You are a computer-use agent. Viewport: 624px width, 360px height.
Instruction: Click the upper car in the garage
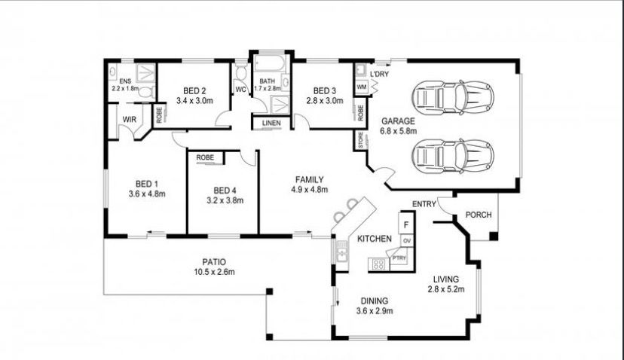point(452,97)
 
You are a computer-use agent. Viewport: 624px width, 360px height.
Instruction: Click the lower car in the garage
point(452,156)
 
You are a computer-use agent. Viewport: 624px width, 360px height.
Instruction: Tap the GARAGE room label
point(398,121)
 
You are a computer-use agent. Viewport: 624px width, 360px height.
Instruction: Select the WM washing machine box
point(361,87)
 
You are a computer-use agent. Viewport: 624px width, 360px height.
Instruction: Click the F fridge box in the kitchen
point(406,224)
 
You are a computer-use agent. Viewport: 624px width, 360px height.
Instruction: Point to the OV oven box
point(407,241)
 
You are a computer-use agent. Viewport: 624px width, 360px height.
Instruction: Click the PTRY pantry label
point(399,258)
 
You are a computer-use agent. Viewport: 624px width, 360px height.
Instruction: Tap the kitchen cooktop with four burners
point(378,264)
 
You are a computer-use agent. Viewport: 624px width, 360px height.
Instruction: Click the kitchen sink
point(342,253)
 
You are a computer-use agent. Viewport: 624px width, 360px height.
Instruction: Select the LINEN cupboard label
point(271,123)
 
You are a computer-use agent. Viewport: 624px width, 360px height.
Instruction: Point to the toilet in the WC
point(240,72)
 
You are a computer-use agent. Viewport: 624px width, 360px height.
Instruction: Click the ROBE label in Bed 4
point(205,157)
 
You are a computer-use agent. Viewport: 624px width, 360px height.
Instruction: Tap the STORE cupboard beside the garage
point(361,140)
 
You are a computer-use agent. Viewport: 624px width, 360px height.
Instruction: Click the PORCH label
point(479,215)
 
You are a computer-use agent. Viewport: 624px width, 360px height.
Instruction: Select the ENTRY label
point(424,204)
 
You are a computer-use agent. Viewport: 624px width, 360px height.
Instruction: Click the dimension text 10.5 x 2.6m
point(214,272)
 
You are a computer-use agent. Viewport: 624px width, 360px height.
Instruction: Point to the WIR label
point(130,119)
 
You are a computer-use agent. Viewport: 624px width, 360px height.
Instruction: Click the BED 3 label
point(324,90)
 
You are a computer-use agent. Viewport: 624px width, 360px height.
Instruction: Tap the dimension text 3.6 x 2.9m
point(375,311)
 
